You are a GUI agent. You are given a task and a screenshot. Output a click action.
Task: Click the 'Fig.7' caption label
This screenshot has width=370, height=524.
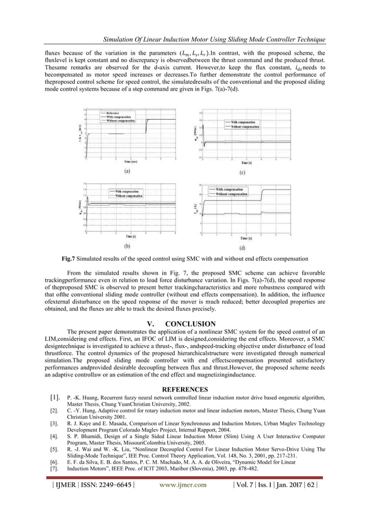tap(65, 274)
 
